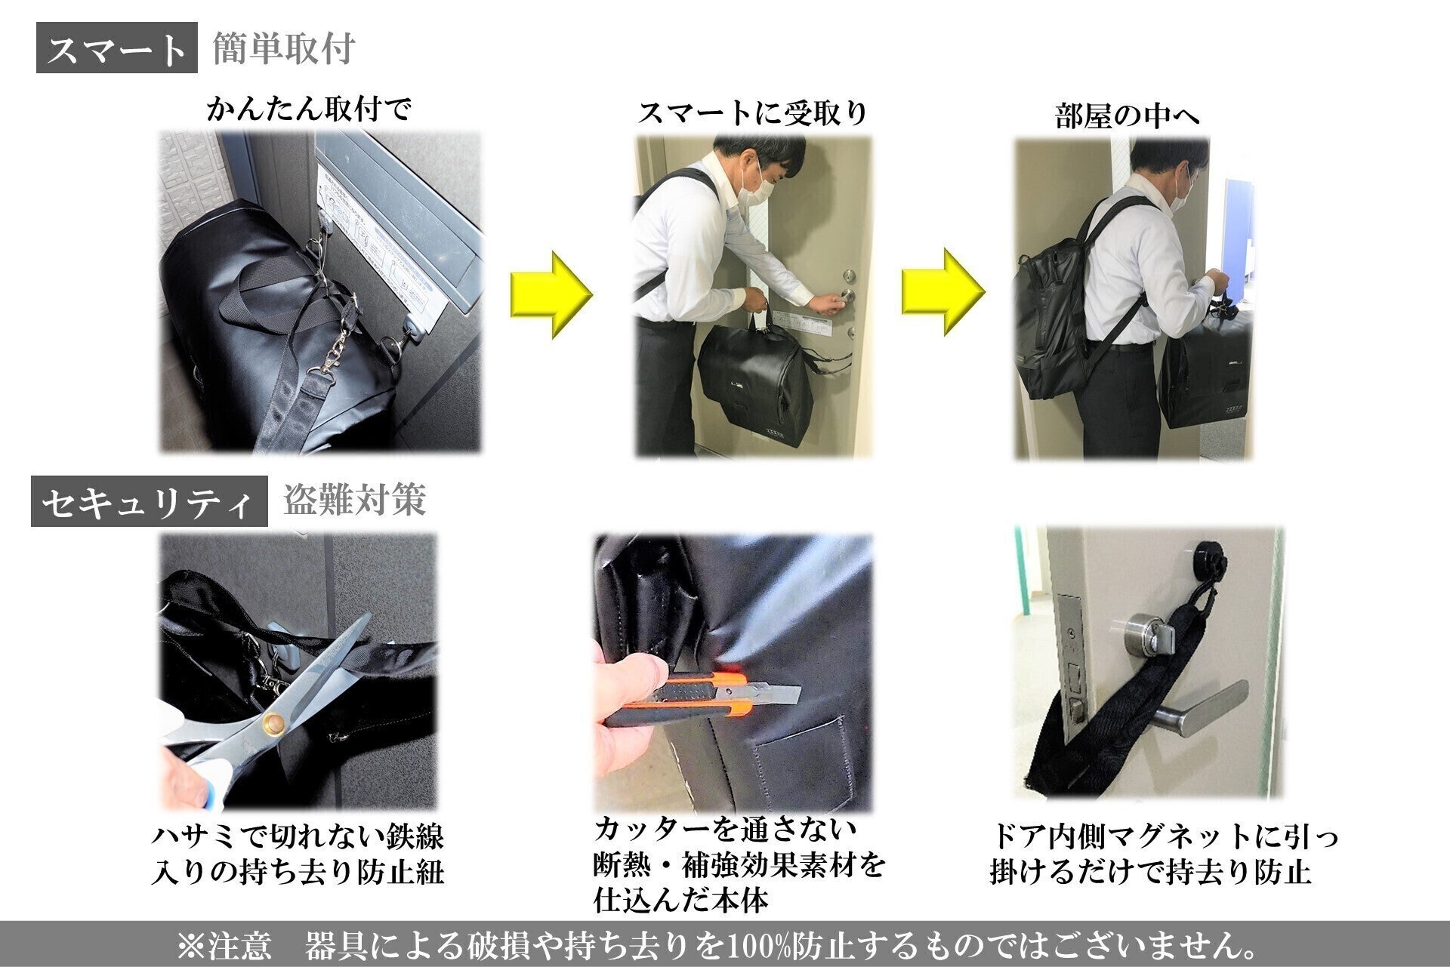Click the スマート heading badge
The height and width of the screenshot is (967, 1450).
[x=117, y=48]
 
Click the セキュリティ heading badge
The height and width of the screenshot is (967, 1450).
[x=150, y=501]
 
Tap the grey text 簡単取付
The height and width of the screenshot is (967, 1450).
[x=284, y=49]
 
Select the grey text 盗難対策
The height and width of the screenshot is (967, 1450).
[x=354, y=500]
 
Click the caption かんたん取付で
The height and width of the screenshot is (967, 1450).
[x=310, y=109]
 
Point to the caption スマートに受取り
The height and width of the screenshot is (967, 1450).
[x=753, y=113]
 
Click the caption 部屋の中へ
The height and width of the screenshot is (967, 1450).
[x=1127, y=115]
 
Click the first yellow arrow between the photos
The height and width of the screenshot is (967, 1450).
[x=551, y=294]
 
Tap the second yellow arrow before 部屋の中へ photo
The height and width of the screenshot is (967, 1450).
[x=942, y=292]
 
